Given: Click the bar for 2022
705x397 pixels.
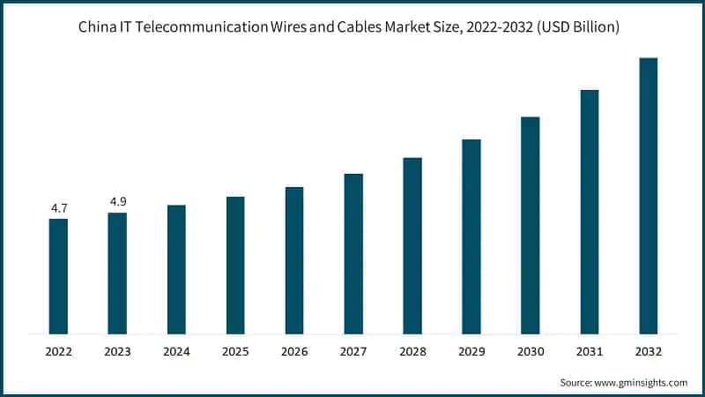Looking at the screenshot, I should click(58, 276).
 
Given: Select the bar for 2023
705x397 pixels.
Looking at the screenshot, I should click(117, 273).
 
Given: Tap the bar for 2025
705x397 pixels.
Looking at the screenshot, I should click(235, 265).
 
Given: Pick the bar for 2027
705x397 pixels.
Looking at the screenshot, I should click(353, 253).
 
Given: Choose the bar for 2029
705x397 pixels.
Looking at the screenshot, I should click(471, 236).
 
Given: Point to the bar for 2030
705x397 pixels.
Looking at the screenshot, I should click(531, 225).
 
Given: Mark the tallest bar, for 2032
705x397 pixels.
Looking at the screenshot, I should click(649, 196).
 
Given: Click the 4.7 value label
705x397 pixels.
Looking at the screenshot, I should click(58, 208).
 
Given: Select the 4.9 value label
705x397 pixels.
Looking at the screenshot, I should click(117, 202).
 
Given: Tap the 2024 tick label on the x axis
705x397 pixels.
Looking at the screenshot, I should click(176, 351).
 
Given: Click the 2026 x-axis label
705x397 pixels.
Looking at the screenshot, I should click(294, 351).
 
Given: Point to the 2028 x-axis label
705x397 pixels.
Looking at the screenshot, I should click(412, 351).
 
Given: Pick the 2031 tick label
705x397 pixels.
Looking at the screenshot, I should click(590, 351).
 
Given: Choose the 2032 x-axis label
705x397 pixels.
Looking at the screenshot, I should click(649, 351).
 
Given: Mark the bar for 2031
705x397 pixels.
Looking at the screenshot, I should click(590, 212).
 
